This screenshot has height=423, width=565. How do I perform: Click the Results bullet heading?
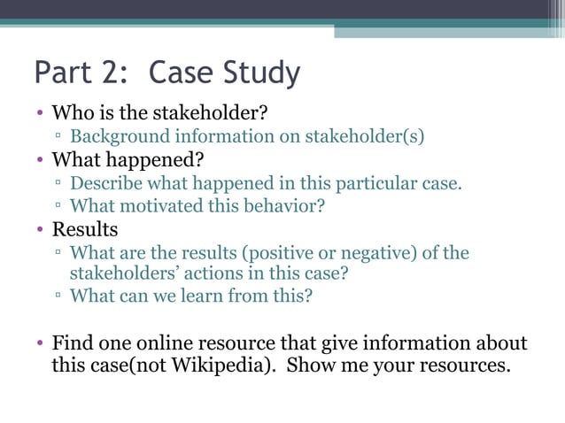(85, 231)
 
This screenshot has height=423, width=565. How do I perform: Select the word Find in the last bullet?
(72, 343)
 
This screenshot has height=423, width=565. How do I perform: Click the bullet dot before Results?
(40, 232)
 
